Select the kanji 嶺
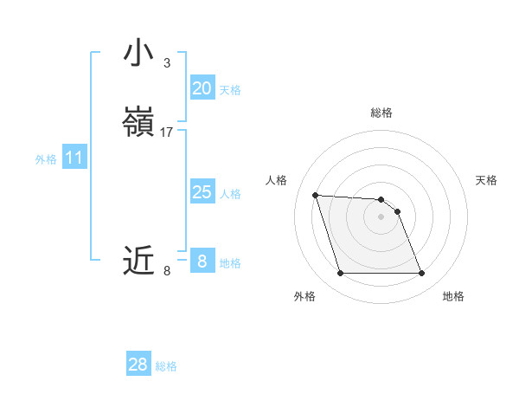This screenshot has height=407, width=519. (x=138, y=122)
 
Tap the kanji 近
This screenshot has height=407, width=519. (x=138, y=260)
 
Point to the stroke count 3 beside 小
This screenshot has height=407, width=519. (x=167, y=63)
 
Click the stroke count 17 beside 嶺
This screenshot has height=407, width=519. (x=167, y=132)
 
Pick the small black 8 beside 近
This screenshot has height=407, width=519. (x=167, y=271)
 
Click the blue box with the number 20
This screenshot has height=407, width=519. (x=202, y=88)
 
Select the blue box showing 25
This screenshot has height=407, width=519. (x=202, y=192)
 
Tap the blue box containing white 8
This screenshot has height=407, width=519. (x=202, y=262)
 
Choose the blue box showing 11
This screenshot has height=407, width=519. (x=74, y=158)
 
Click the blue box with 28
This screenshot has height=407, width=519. (x=138, y=365)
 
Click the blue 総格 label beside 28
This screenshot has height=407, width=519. (x=167, y=366)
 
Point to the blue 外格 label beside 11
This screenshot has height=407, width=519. (x=46, y=159)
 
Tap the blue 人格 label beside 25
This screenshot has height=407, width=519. (x=230, y=194)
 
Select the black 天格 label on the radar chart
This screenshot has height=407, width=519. (x=486, y=180)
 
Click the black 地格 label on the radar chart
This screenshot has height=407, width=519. (x=453, y=296)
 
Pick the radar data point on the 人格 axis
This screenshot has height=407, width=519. (x=315, y=195)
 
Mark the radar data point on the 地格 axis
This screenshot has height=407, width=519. (x=421, y=274)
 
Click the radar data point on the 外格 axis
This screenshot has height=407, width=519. (x=340, y=274)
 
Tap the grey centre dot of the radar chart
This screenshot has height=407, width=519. (x=381, y=216)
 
